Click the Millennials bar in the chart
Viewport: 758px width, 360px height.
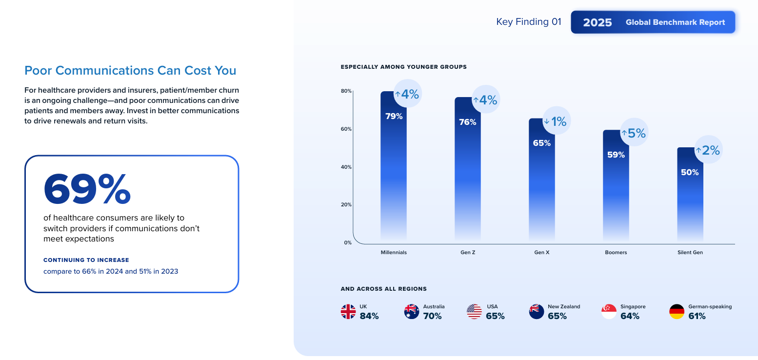393,166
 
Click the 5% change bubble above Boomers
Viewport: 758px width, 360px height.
634,133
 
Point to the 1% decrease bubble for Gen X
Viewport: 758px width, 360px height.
556,121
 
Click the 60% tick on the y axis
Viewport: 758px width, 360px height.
346,129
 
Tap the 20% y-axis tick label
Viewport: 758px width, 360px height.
346,205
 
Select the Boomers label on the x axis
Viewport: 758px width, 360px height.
616,253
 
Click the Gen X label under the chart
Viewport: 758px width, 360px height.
541,253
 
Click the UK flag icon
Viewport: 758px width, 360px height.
348,312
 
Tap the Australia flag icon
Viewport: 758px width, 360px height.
412,312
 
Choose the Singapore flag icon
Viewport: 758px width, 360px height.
609,312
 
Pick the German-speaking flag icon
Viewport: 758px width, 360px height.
677,312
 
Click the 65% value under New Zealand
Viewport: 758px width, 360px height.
557,316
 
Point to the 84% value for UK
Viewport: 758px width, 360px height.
369,316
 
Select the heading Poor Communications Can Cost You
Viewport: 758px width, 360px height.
130,71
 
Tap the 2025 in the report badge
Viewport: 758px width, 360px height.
597,22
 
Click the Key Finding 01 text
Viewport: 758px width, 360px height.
528,22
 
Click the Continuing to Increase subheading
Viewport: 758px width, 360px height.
86,260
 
